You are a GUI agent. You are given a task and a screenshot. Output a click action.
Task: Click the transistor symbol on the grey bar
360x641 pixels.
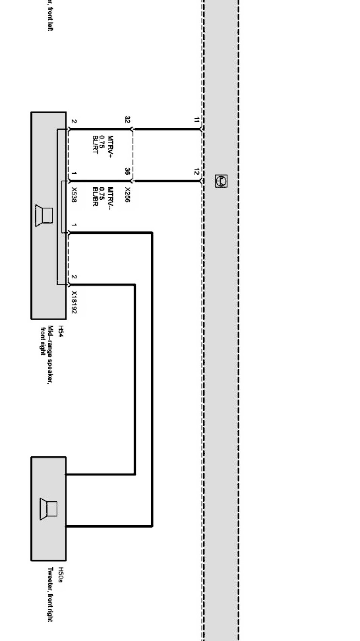click(x=221, y=181)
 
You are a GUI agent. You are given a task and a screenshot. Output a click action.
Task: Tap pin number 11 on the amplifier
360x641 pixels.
click(x=196, y=120)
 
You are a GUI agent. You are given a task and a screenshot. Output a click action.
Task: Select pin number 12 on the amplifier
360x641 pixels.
click(x=196, y=172)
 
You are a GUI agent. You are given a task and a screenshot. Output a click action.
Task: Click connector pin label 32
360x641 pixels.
click(x=127, y=120)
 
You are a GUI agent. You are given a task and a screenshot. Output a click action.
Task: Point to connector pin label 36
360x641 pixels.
click(x=127, y=171)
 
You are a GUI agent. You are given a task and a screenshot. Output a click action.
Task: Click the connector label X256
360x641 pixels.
click(x=127, y=195)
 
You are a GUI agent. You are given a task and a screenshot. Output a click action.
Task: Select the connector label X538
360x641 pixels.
click(x=74, y=195)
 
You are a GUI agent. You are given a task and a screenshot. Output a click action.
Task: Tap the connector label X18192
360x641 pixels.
click(x=74, y=302)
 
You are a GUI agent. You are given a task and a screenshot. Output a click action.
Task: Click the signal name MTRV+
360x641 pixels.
click(x=110, y=146)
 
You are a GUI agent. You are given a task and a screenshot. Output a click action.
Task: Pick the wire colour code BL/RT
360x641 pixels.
click(x=95, y=144)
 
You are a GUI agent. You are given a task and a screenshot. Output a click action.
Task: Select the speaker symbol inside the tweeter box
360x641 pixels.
click(x=48, y=509)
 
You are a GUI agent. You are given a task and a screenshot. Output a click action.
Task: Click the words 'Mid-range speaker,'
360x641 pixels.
click(x=50, y=354)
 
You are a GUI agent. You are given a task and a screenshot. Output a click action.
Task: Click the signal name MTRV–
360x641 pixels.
click(x=110, y=198)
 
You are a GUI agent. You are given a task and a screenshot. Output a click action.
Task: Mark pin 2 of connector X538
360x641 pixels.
click(x=74, y=121)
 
